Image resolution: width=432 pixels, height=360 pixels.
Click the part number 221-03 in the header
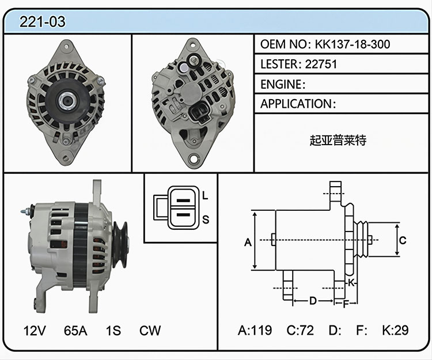[x=43, y=22]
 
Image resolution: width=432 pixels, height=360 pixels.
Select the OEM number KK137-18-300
[x=353, y=44]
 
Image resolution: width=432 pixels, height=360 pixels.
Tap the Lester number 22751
[x=321, y=64]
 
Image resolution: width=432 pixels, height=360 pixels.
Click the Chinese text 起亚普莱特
[x=338, y=140]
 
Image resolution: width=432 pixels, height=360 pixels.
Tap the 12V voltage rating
[x=35, y=331]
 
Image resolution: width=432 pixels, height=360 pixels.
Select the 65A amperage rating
[x=75, y=331]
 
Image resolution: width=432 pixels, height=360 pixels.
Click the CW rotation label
[x=150, y=331]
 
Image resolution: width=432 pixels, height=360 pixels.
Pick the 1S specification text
[x=113, y=331]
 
